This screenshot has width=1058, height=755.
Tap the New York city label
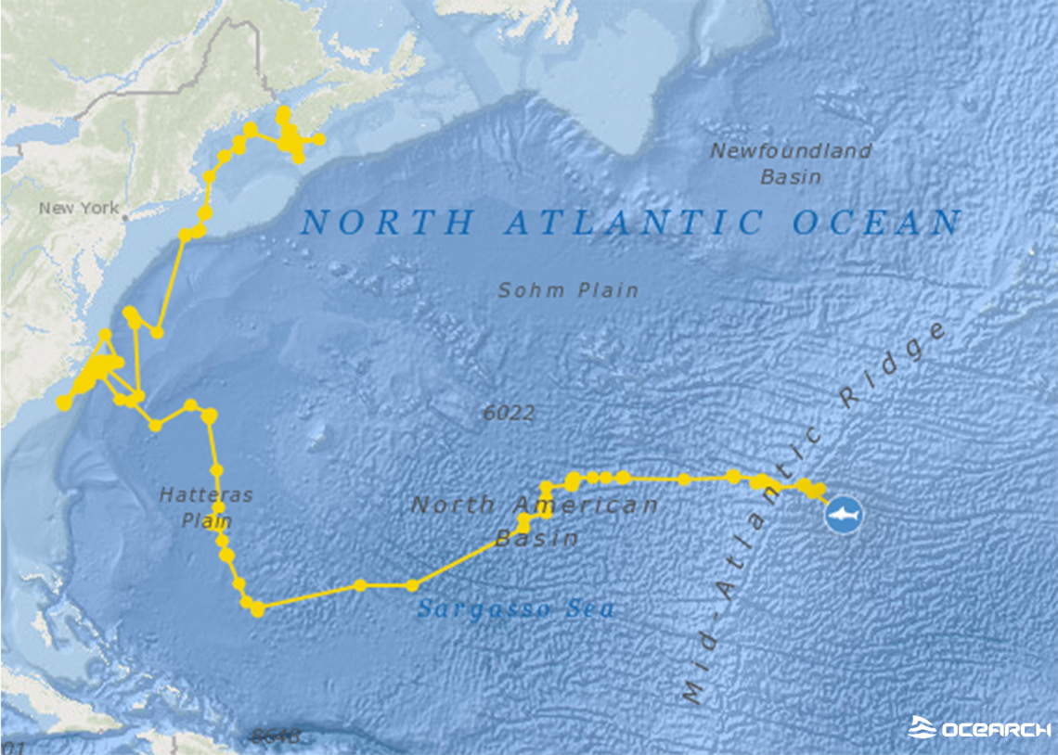pos(79,209)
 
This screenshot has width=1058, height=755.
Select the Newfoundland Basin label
pos(791,163)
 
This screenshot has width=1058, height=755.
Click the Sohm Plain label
pos(568,290)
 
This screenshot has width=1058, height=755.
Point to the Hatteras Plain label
pos(205,507)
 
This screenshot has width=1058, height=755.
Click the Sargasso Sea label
pos(515,609)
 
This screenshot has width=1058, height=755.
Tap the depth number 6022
pos(509,414)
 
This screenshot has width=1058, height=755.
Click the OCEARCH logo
pos(979,728)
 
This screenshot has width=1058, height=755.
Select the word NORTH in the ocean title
pos(388,223)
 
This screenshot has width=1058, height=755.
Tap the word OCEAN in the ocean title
pos(877,223)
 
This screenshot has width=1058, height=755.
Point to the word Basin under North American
pos(536,538)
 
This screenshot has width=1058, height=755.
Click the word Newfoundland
pos(791,151)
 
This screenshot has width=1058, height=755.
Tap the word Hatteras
pos(205,495)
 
